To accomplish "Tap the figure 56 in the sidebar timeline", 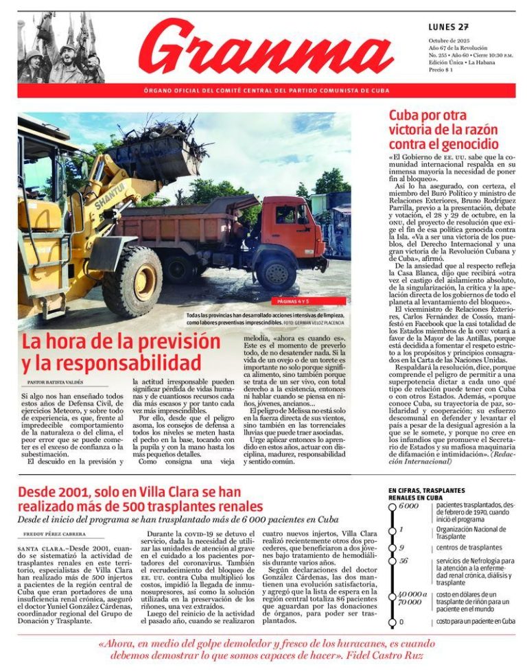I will pyautogui.click(x=403, y=561).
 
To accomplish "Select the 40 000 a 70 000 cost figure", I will pyautogui.click(x=412, y=598).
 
